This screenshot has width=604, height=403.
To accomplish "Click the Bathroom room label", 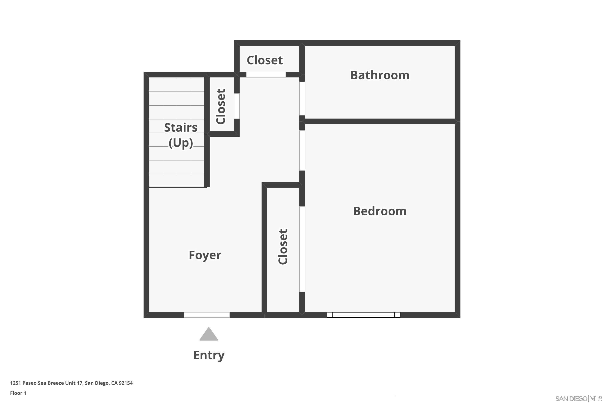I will tap(380, 75).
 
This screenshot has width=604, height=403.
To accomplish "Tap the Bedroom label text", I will tap(380, 211).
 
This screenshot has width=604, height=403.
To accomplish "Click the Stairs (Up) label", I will tap(181, 135).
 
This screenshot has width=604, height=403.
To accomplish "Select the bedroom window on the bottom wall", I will tap(363, 315).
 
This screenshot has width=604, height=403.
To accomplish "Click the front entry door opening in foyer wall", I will tap(207, 315).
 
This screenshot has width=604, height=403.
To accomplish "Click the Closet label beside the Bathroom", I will tap(265, 60).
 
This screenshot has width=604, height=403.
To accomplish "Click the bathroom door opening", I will tap(302, 99).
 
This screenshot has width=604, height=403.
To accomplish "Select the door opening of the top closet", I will tap(266, 75).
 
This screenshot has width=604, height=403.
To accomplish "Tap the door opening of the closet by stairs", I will tap(237, 106).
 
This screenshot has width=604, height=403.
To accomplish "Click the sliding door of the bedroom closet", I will tap(302, 249).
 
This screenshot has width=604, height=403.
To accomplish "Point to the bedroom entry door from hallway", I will tap(302, 150).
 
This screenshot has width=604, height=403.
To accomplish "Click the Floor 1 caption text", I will tap(18, 393).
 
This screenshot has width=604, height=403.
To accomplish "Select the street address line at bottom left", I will tap(71, 383).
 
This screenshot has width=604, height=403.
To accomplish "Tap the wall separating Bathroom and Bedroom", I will tap(380, 121).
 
